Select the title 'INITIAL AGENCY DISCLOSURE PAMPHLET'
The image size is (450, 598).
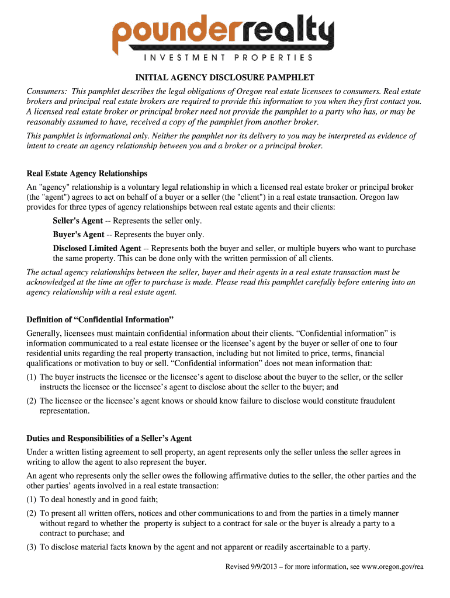pyautogui.click(x=225, y=78)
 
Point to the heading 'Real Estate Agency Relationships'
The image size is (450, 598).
pyautogui.click(x=87, y=173)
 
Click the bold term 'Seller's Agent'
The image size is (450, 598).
pyautogui.click(x=78, y=221)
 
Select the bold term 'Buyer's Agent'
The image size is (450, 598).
pyautogui.click(x=78, y=234)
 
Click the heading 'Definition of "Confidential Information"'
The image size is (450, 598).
pyautogui.click(x=101, y=319)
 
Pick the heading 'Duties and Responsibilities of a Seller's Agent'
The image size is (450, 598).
pyautogui.click(x=109, y=438)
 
